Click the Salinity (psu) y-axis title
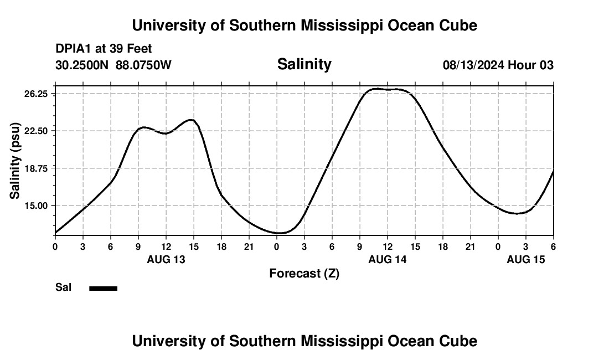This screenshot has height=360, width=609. (16, 161)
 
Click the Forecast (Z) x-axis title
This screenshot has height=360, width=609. (304, 274)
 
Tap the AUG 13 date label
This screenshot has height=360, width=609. (166, 259)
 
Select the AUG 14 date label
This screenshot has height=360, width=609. (388, 259)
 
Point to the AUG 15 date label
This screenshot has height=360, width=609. (526, 259)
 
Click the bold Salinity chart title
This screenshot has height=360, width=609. (304, 64)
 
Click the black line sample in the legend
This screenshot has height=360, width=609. (104, 288)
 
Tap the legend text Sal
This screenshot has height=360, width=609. (64, 287)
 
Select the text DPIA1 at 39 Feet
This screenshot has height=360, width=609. (104, 49)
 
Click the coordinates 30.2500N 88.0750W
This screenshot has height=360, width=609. (113, 65)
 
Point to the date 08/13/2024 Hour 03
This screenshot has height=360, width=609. (498, 65)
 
